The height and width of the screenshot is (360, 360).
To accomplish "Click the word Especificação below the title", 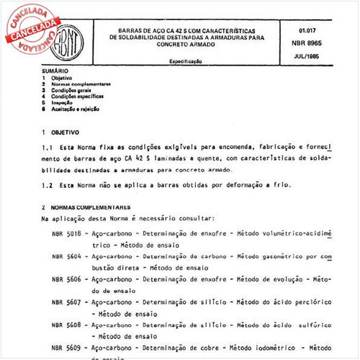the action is (185, 63).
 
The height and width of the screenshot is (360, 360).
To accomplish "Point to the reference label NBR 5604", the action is (67, 256).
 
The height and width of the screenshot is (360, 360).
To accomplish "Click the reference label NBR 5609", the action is (67, 348).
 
